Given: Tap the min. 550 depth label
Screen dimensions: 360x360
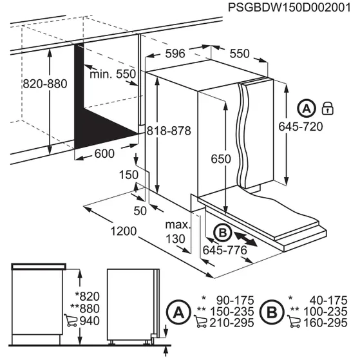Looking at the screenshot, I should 113,74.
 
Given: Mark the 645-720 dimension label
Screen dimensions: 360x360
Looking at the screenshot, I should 300,127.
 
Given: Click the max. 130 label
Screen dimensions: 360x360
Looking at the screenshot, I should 178,231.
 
